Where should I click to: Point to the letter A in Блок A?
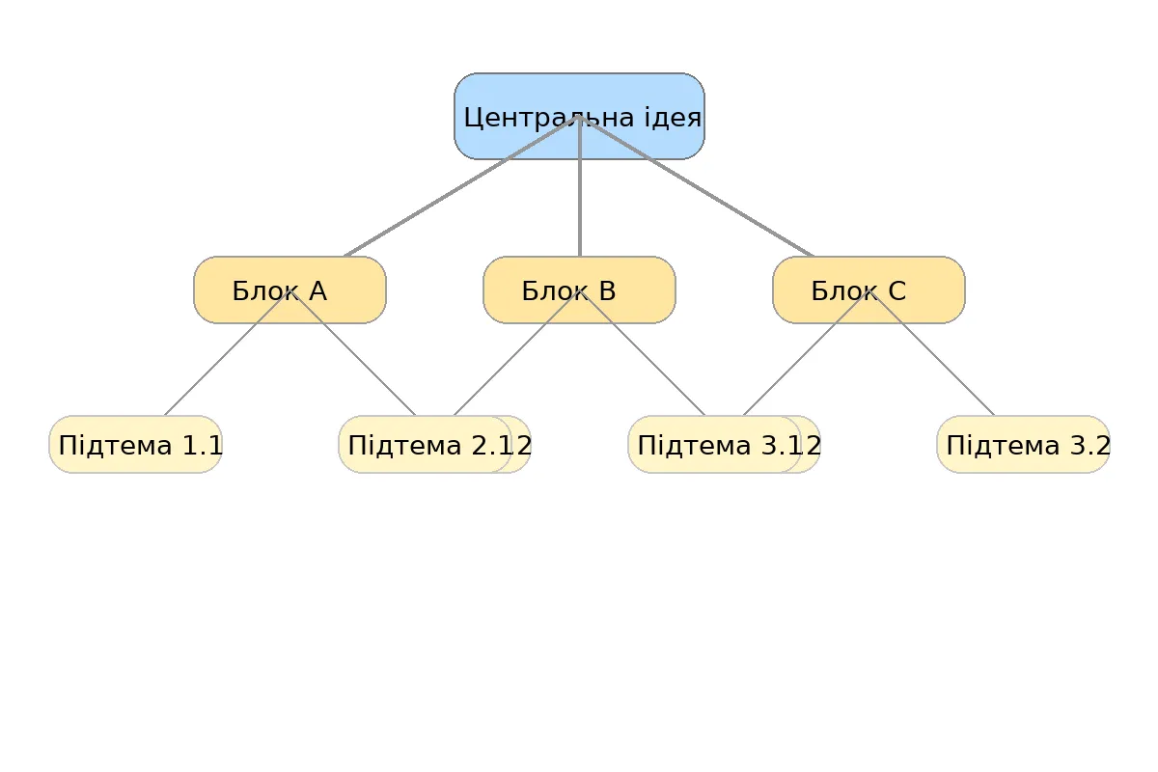(x=317, y=290)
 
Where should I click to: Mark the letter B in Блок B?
(x=607, y=290)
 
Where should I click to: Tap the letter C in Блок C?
(x=896, y=290)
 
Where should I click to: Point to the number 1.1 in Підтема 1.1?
(x=203, y=446)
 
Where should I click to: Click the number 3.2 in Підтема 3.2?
(x=1090, y=446)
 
